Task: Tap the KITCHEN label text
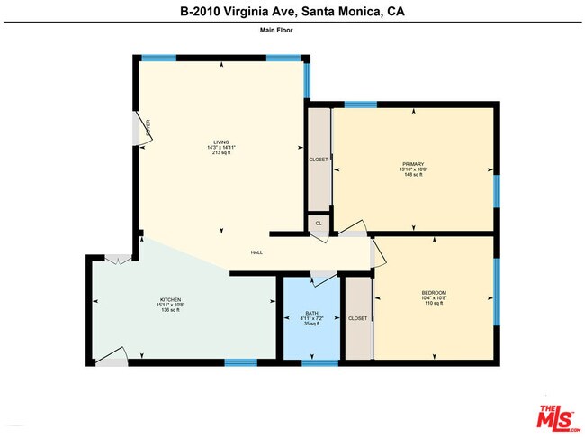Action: coord(171,299)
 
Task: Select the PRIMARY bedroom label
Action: coord(413,163)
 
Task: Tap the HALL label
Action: coord(256,253)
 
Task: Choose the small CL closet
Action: coord(318,223)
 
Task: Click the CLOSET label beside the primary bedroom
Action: coord(319,159)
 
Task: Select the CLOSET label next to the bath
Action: coord(357,318)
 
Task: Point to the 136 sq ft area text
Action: coord(171,310)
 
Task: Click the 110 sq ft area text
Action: coord(434,304)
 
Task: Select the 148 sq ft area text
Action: coord(413,174)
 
